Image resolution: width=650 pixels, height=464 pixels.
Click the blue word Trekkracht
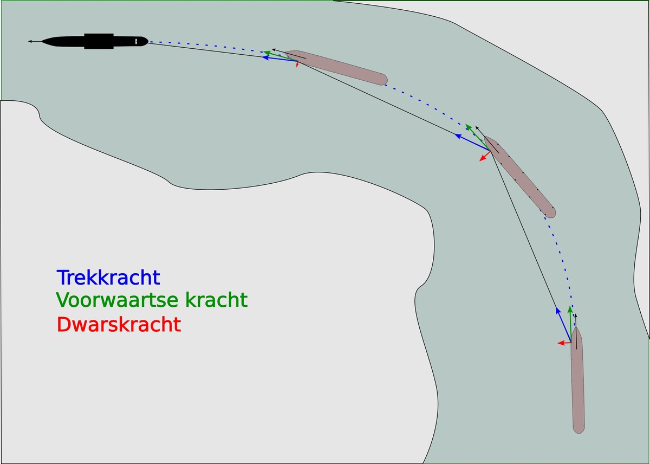tap(108, 278)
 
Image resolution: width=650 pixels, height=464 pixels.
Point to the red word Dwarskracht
tap(119, 324)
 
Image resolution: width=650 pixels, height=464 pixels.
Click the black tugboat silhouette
tap(95, 41)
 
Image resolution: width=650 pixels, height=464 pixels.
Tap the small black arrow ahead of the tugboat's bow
tap(35, 42)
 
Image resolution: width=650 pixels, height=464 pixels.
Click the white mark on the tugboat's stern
tap(136, 42)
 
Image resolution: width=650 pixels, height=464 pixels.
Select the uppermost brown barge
tap(336, 68)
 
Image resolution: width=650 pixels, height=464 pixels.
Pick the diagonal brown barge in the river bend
tap(519, 177)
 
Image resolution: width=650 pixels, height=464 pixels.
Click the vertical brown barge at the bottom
tap(577, 381)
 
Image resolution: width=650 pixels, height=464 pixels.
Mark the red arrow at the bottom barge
tap(564, 343)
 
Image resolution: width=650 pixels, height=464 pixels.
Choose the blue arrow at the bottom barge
tap(563, 325)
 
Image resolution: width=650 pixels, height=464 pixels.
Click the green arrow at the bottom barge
tap(570, 324)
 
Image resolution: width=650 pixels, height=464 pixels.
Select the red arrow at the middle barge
tap(485, 156)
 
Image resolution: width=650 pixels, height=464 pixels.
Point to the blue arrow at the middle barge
tap(472, 142)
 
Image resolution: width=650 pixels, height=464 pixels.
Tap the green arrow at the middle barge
tap(478, 137)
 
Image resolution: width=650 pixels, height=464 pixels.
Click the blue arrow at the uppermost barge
tap(279, 59)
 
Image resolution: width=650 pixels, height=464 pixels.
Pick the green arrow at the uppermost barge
tap(281, 56)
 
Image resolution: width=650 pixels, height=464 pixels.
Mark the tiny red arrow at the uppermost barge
tap(297, 65)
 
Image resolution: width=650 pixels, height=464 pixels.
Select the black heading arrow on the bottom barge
tap(576, 332)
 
